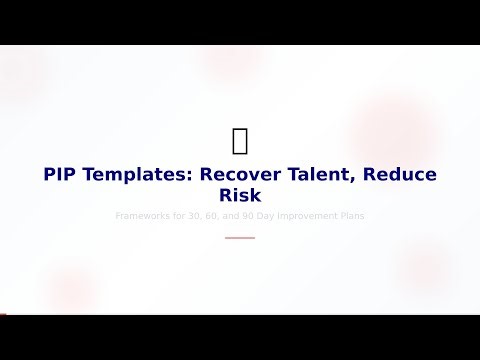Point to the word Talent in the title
318,174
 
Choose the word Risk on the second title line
240,195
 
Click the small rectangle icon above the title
240,142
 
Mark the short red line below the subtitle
240,238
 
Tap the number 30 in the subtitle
197,215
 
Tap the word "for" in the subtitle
180,215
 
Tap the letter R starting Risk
225,195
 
